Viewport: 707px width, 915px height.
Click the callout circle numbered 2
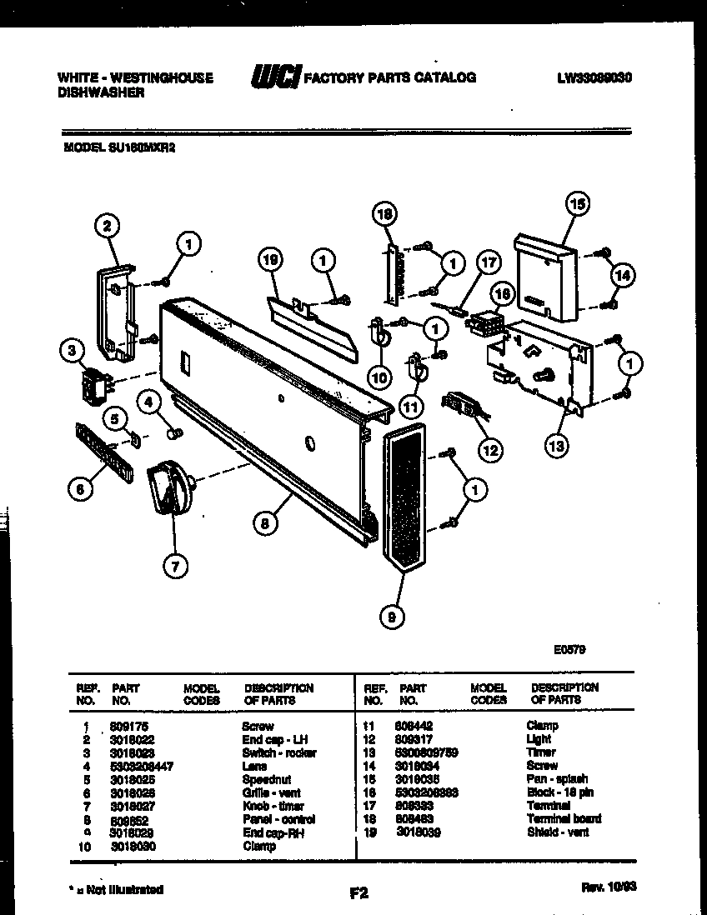point(107,224)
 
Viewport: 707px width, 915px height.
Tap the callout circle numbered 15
point(576,202)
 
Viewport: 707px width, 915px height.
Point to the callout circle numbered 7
point(174,567)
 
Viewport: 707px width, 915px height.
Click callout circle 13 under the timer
point(556,445)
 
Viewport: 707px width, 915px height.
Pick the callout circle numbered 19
point(269,261)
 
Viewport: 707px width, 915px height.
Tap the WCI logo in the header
point(275,77)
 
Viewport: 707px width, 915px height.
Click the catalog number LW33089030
point(594,77)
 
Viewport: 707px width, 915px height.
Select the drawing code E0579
point(567,650)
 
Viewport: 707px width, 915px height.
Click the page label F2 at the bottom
point(359,893)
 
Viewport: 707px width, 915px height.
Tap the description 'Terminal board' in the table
point(563,819)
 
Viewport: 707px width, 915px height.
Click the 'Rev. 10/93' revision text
point(608,889)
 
